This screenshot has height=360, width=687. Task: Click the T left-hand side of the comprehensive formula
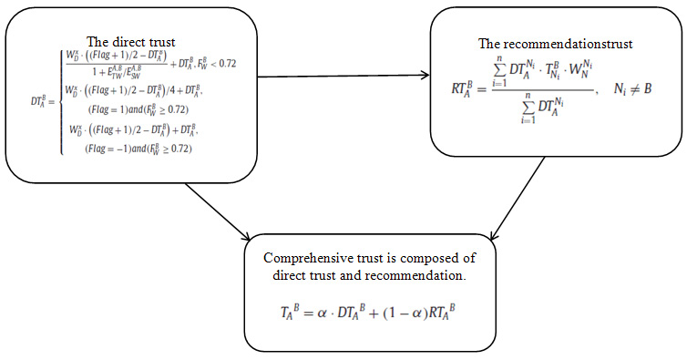[287, 312]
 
